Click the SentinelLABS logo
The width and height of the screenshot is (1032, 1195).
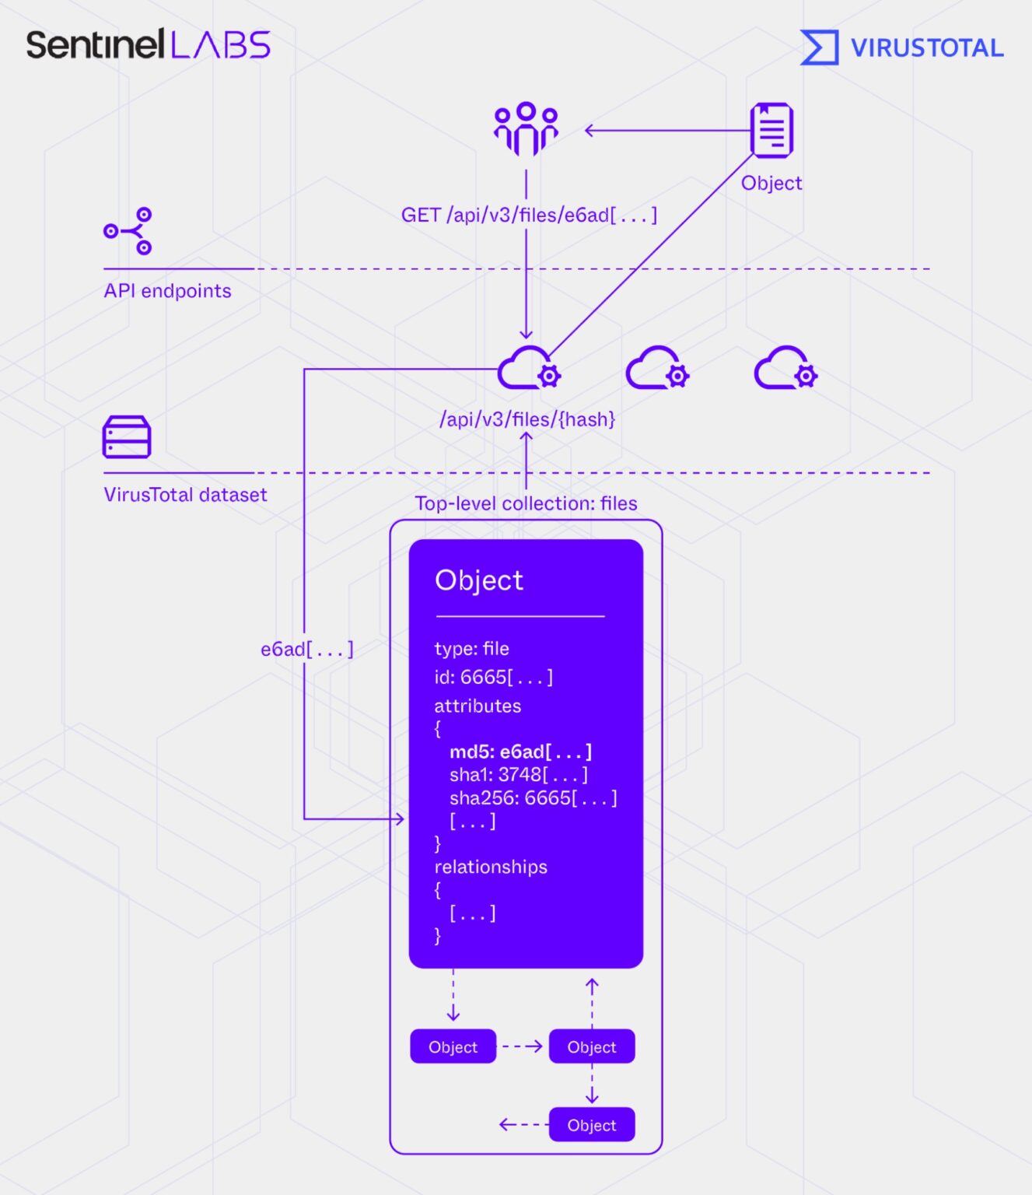click(148, 44)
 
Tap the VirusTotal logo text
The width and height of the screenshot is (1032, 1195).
click(926, 47)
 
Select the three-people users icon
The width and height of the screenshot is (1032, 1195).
click(526, 128)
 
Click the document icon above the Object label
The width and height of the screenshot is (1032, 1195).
click(771, 130)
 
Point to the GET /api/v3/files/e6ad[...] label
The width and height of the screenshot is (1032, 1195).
click(529, 215)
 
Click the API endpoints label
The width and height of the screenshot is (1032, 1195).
click(167, 291)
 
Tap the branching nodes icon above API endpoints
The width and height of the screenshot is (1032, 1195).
click(129, 231)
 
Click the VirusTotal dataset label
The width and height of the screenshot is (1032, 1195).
click(185, 495)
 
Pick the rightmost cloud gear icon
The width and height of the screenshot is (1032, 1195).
click(785, 368)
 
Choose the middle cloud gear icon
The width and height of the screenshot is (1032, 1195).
click(657, 368)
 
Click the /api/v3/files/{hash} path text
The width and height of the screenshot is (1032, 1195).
click(527, 419)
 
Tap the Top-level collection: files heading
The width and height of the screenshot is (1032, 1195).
click(526, 503)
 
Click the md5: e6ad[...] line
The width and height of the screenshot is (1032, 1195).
click(520, 752)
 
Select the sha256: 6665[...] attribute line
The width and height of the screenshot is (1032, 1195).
click(533, 797)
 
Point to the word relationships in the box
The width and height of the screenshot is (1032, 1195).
click(491, 867)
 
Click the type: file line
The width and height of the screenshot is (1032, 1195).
click(471, 648)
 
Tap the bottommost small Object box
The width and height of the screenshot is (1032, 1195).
click(591, 1125)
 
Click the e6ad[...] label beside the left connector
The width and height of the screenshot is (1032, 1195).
click(306, 649)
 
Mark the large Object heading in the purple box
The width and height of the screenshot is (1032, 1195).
click(479, 580)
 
